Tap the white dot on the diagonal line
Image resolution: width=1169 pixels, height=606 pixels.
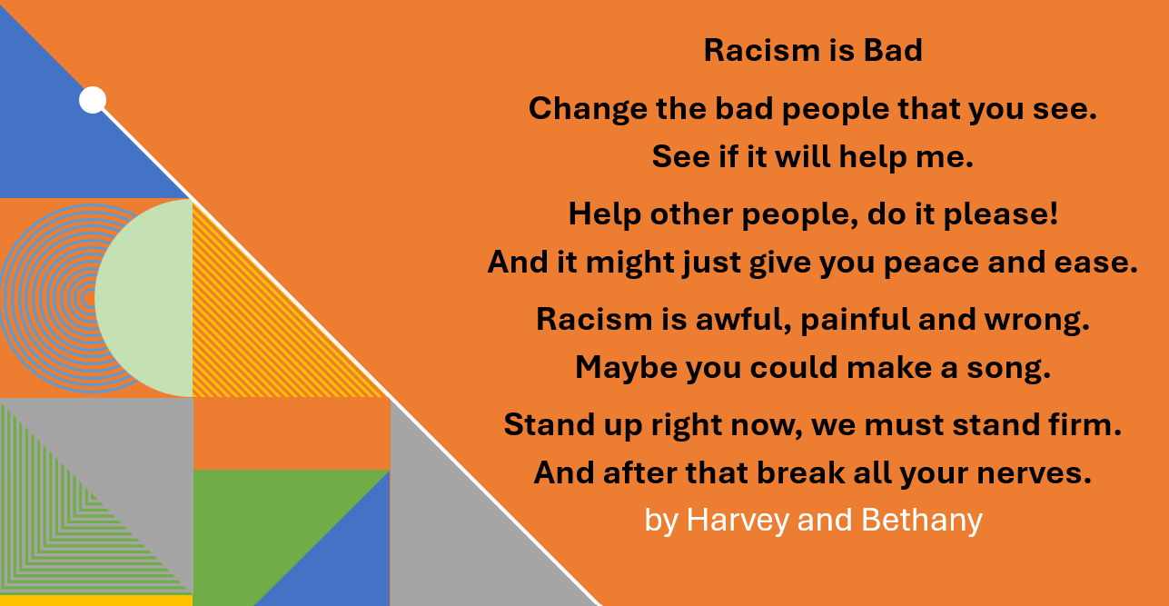tap(93, 100)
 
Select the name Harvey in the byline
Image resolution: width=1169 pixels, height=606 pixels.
tap(738, 520)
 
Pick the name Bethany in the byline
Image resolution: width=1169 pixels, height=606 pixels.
tap(922, 520)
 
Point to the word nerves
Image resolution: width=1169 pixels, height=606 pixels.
tap(1034, 473)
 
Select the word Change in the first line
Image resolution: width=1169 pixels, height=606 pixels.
tap(589, 109)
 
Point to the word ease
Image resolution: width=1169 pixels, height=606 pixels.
tap(1095, 263)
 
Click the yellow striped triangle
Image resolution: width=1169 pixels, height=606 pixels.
tap(251, 334)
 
